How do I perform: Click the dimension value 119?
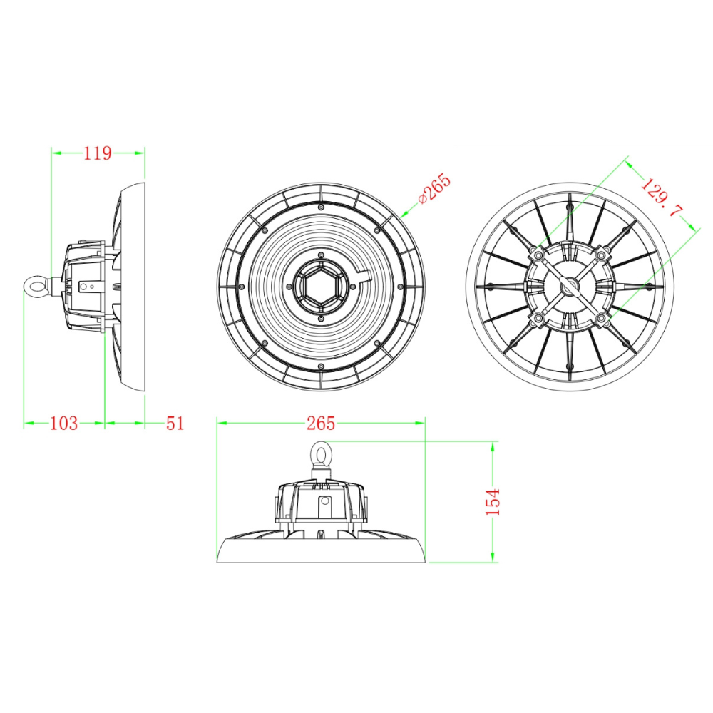point(98,152)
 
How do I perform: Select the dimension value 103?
point(64,423)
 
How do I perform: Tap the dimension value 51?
point(175,423)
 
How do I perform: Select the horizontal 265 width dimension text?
point(321,423)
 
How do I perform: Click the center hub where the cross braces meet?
point(569,286)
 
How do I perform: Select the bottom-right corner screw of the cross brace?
point(602,319)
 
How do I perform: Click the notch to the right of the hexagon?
point(363,275)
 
